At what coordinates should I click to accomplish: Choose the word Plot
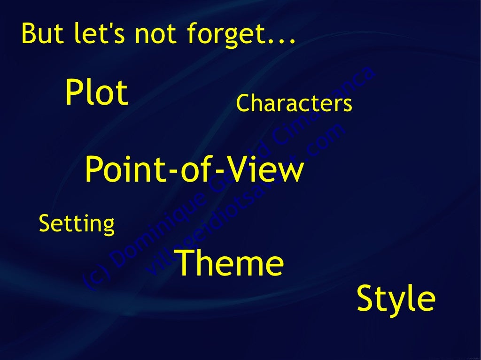click(96, 92)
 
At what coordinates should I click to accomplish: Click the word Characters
click(294, 104)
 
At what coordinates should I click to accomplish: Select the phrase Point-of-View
click(194, 170)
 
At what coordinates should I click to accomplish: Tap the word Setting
click(77, 223)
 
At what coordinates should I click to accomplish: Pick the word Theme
click(229, 263)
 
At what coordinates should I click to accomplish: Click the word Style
click(396, 299)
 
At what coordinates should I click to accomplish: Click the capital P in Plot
click(75, 92)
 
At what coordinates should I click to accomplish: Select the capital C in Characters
click(243, 104)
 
